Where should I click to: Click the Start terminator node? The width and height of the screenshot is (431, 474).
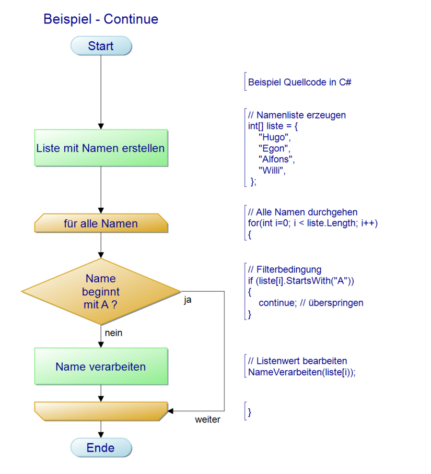click(101, 46)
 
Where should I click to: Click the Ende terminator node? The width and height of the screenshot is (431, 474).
click(101, 447)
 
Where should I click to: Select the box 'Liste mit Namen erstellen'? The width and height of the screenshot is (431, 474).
click(101, 148)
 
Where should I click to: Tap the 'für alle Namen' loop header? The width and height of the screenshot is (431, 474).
click(101, 224)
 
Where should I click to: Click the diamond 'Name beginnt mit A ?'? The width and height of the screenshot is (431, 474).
click(101, 291)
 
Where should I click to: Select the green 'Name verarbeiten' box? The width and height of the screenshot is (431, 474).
click(101, 366)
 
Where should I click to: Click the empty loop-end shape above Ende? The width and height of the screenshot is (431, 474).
click(101, 411)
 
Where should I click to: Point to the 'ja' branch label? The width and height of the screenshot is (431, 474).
click(188, 301)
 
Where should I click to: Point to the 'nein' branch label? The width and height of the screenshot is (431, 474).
click(113, 333)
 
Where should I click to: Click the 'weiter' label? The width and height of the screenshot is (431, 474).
click(207, 420)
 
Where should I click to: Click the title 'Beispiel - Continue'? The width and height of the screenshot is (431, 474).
click(101, 19)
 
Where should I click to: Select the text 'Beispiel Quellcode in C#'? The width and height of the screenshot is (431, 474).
click(299, 82)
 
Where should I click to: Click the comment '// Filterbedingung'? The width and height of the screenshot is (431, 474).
click(285, 269)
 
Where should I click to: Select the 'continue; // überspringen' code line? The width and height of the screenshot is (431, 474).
click(311, 303)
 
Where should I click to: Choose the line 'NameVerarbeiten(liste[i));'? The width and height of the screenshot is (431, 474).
click(302, 372)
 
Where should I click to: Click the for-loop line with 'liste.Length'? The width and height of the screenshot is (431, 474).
click(312, 223)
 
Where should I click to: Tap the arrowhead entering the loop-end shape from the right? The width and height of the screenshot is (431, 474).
click(170, 411)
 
